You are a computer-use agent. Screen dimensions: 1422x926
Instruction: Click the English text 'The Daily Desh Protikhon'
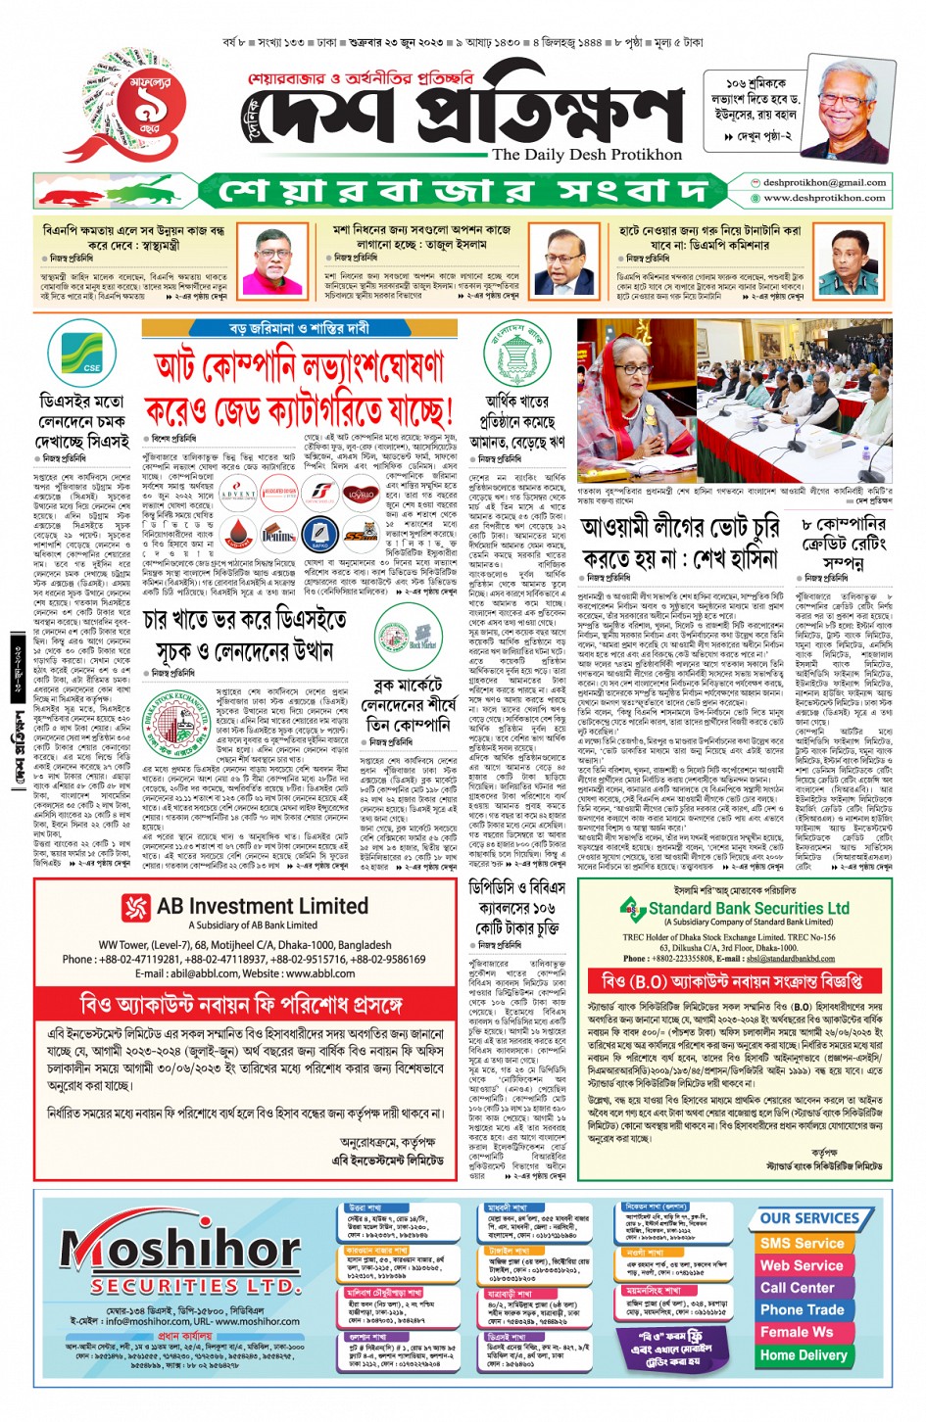coord(587,154)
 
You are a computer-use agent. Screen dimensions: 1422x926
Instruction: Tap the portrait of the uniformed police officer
coord(849,261)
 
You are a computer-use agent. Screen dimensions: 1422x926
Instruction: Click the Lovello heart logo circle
coord(360,495)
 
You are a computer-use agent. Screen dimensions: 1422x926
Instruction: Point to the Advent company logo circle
coord(238,495)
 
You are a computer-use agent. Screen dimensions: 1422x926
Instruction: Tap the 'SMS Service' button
coord(802,1243)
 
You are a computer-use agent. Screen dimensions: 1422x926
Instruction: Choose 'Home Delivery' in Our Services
coord(803,1355)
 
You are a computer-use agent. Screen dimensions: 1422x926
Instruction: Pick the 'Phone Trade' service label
coord(802,1309)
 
